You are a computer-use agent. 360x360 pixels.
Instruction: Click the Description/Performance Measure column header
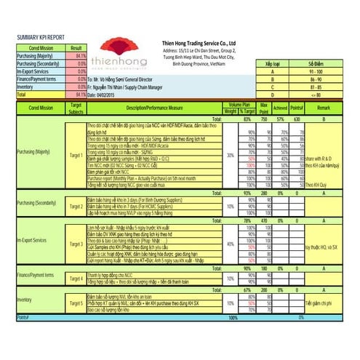click(x=153, y=108)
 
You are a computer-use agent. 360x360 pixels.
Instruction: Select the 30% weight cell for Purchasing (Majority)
click(x=230, y=155)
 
